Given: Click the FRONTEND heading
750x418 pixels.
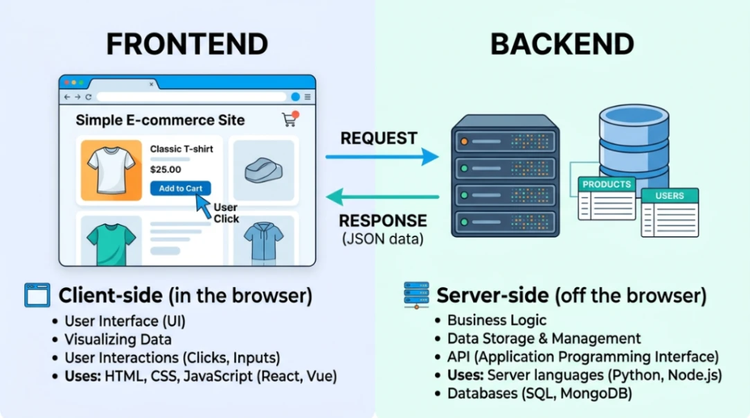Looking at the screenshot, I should point(187,44).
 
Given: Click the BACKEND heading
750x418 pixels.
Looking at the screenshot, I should point(562,44).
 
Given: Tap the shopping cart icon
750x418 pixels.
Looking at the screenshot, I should point(289,119).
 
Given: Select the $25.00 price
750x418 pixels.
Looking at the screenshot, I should point(166,169).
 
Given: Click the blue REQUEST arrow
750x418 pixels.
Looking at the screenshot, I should point(382,157).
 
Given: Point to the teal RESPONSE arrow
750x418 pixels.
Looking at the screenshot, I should point(382,197).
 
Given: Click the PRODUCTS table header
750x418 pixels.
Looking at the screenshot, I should point(607,184).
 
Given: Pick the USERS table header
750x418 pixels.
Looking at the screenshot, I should point(669,195).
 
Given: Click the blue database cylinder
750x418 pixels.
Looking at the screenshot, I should point(633,142).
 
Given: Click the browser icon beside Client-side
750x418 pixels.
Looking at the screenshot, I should point(37,295).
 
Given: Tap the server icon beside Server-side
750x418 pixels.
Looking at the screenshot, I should point(416,295).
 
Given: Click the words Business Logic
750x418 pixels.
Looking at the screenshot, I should point(497,320).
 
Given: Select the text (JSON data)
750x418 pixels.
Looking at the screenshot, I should point(382,239).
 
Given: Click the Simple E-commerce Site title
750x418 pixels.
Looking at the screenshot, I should point(160,120).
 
